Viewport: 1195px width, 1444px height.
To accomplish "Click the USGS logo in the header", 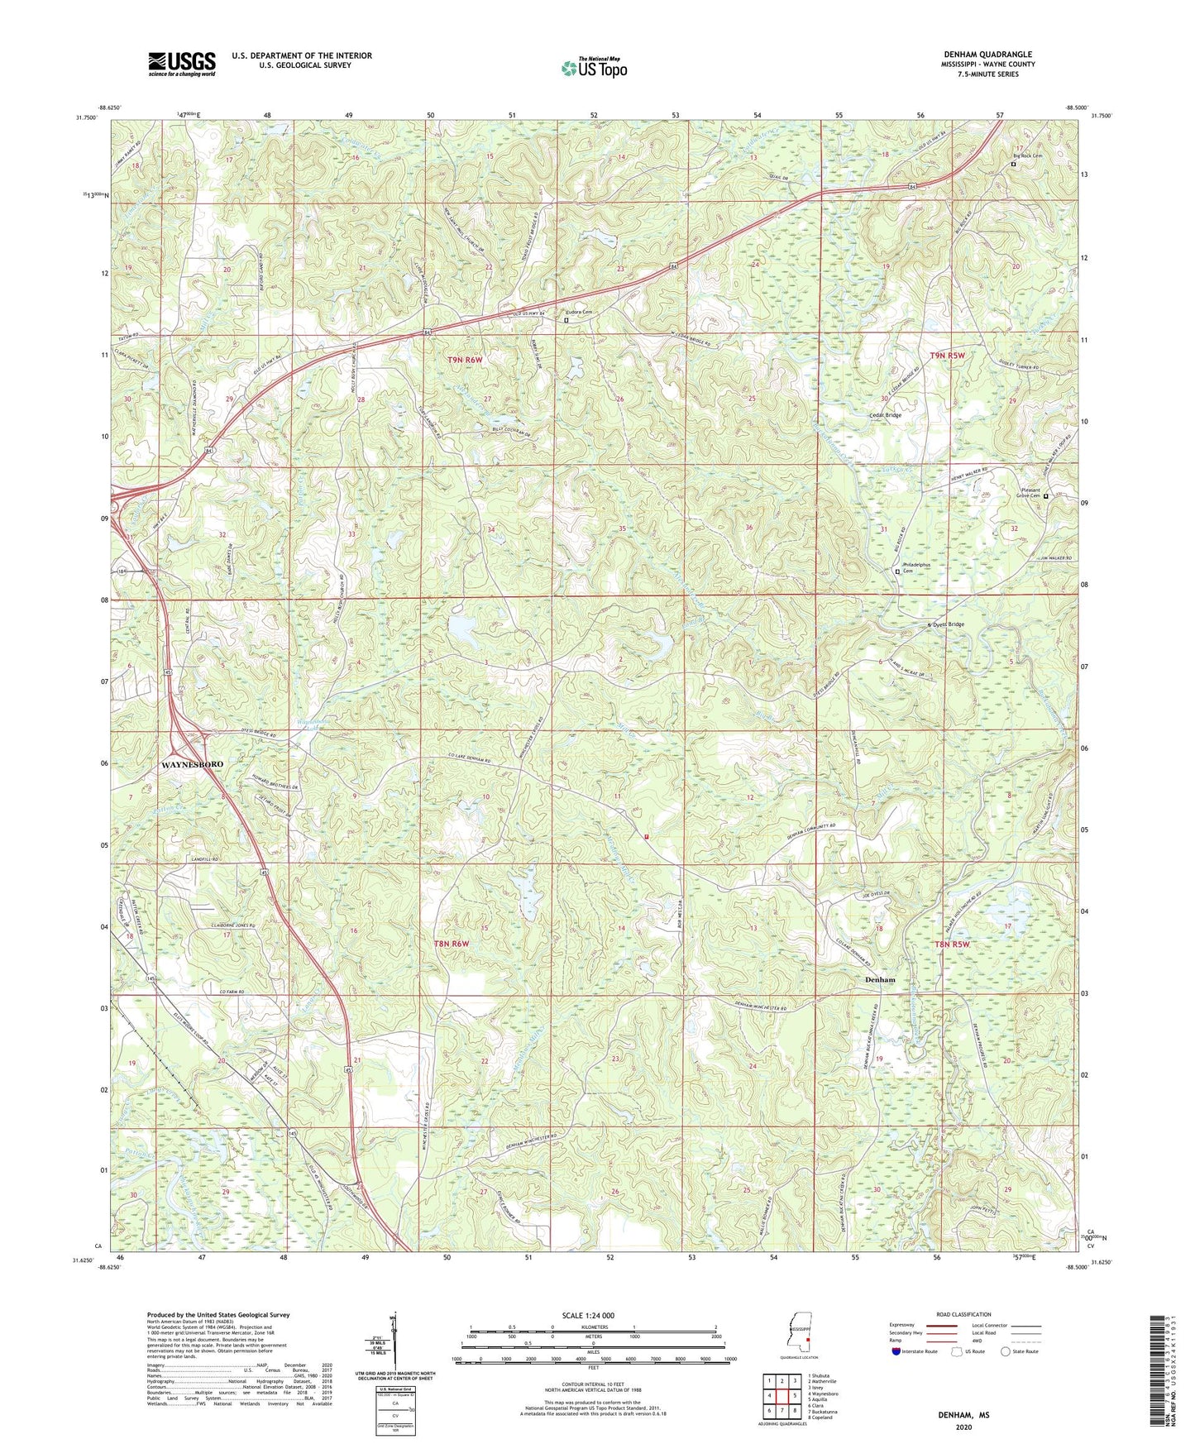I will click(181, 64).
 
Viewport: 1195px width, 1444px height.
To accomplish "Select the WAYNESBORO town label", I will click(192, 764).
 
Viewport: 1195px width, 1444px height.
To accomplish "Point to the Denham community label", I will click(880, 979).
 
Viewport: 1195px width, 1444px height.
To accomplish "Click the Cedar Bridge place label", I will click(884, 415).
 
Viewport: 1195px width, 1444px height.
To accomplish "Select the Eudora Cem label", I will click(578, 312).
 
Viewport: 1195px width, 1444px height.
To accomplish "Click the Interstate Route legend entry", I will click(917, 1351).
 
